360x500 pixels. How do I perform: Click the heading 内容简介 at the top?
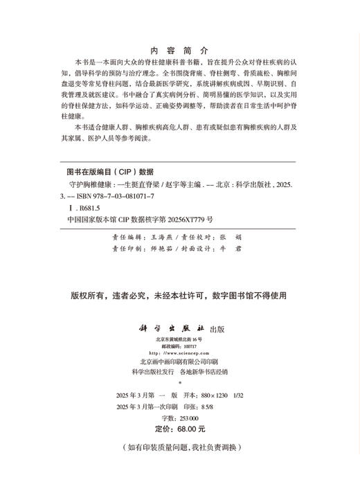(x=179, y=51)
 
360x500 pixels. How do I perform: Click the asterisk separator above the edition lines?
(x=179, y=382)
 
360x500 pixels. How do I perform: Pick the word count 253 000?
(x=188, y=418)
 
